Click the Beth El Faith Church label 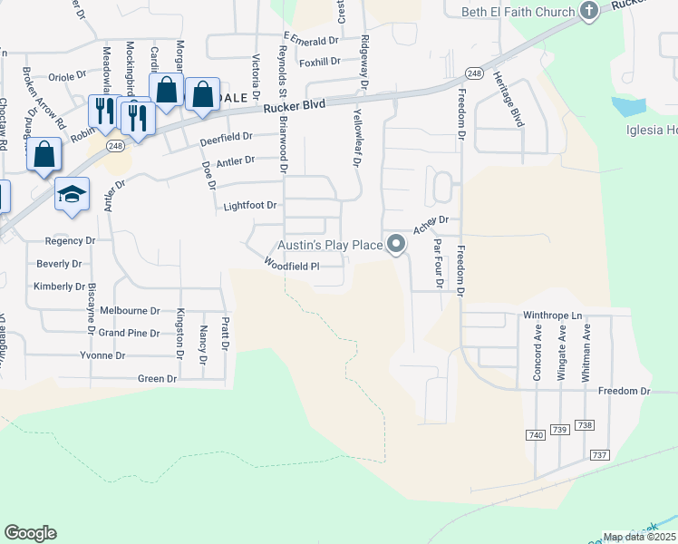point(518,12)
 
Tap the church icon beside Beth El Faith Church point(589,12)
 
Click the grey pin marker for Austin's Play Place point(396,245)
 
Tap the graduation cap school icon point(72,194)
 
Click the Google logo point(30,533)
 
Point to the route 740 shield point(535,436)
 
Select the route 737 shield point(598,454)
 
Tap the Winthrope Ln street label point(551,316)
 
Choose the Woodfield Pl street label point(292,265)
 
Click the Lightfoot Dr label point(249,207)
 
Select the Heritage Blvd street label point(510,98)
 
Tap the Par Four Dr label point(438,264)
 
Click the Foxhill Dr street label point(319,63)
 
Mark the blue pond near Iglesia point(629,106)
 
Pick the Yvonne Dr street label point(102,355)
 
